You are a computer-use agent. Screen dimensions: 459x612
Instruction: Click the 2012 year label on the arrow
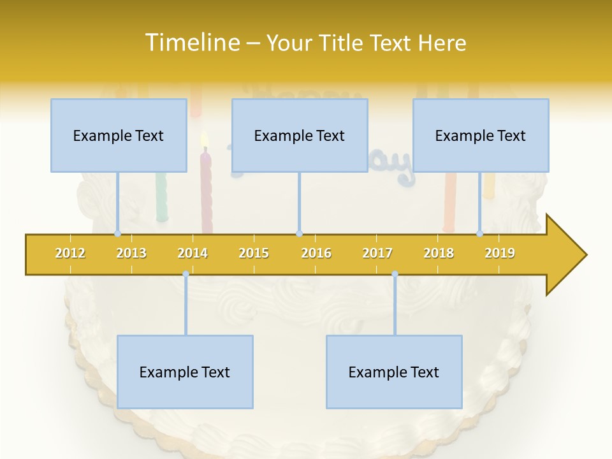[70, 253]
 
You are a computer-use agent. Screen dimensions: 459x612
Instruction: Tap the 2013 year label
[131, 253]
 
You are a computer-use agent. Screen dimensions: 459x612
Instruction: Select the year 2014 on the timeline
[193, 253]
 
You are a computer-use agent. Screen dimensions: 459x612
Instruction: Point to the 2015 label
[254, 253]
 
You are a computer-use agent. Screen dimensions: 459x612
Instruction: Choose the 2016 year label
[316, 253]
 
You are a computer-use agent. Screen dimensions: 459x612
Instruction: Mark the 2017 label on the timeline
[377, 253]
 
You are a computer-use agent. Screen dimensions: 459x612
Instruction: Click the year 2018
[439, 253]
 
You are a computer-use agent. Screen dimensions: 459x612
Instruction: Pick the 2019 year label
[500, 253]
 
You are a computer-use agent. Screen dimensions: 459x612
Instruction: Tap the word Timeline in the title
[191, 43]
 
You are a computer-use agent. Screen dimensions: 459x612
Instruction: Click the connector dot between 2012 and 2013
[117, 234]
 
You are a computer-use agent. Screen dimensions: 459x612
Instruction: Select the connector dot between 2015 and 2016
[299, 234]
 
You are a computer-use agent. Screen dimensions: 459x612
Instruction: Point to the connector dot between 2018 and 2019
[480, 234]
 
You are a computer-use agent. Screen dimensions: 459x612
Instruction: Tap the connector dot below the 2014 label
[186, 274]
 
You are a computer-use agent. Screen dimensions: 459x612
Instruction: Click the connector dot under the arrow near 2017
[395, 274]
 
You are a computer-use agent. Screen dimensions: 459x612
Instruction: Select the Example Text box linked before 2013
[119, 136]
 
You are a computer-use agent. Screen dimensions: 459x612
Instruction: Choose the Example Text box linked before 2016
[300, 136]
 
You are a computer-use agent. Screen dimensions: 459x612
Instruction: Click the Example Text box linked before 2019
[481, 136]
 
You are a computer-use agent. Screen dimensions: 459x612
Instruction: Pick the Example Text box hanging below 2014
[185, 372]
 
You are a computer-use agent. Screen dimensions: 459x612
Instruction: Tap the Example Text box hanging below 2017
[394, 372]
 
